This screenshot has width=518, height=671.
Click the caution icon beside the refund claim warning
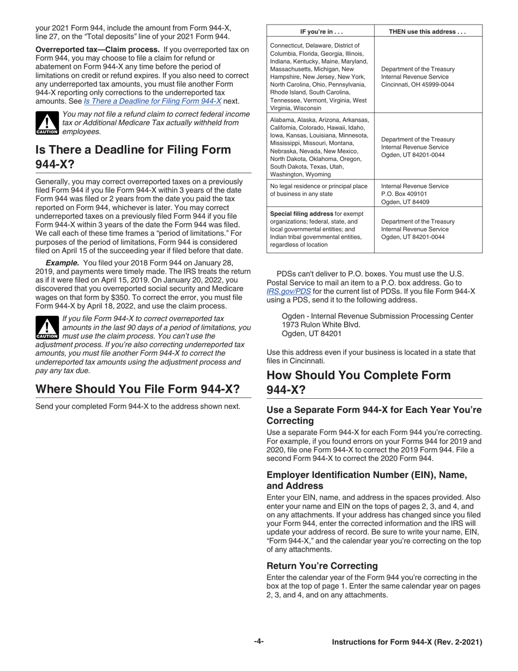tap(46, 123)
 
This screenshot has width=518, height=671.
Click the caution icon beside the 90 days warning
tap(46, 328)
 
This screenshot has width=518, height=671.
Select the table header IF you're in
tap(320, 32)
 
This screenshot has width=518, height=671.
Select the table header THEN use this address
tap(427, 32)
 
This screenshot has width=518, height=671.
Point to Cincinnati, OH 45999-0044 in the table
tap(417, 85)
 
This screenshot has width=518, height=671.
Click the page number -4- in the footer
tap(258, 642)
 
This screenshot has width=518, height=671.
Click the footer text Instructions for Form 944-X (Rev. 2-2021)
tap(407, 642)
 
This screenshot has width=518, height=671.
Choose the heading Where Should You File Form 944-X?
tap(137, 389)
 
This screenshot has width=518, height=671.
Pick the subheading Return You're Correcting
tap(322, 566)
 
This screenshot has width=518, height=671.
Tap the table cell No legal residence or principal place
tap(318, 186)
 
